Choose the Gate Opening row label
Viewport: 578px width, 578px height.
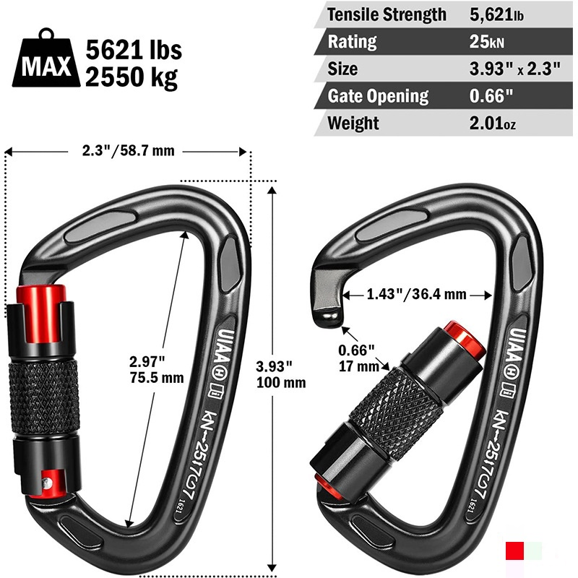tap(378, 96)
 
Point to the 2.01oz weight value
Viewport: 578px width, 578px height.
tap(493, 123)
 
